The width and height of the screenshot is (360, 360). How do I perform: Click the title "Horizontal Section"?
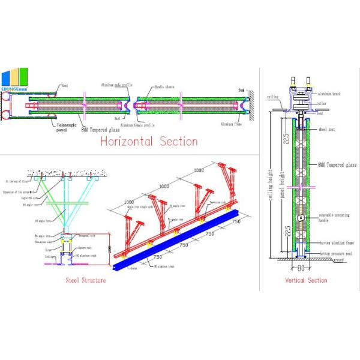(x=148, y=142)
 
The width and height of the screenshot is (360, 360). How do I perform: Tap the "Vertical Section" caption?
(x=306, y=280)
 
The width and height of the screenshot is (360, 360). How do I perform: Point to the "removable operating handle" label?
(x=332, y=217)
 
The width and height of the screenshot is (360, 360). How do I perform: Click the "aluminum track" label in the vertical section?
(x=328, y=94)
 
